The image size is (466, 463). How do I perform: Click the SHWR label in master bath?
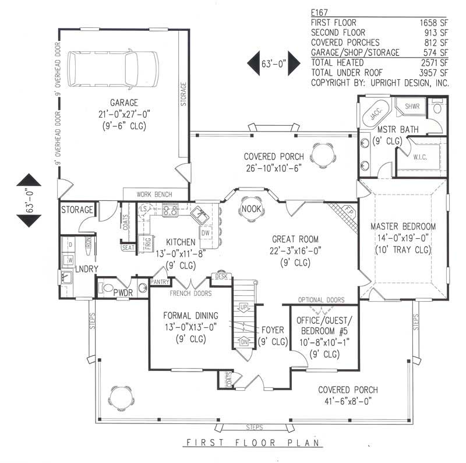click(411, 106)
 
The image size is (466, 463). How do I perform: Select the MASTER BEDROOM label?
click(403, 226)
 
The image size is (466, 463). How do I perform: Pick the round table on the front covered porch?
click(121, 398)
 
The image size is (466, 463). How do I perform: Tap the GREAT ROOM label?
click(295, 239)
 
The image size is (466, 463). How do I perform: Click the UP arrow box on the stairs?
click(244, 306)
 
